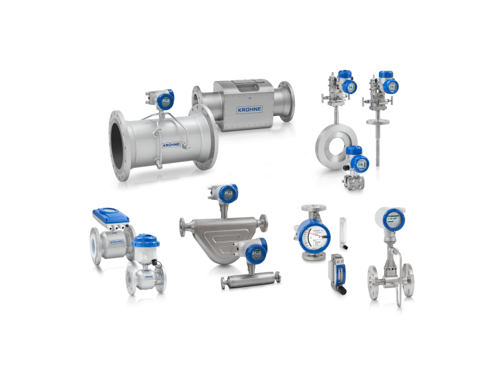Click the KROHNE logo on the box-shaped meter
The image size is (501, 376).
coord(250,109)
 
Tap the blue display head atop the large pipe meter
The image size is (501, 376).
coord(164,98)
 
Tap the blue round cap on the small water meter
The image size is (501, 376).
coord(147,240)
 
